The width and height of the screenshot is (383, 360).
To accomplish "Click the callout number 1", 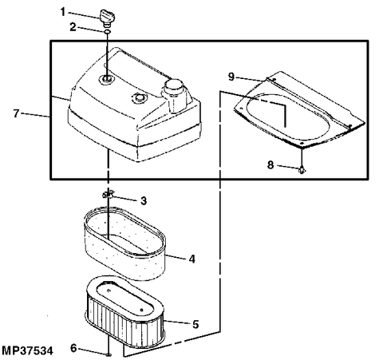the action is pyautogui.click(x=63, y=12).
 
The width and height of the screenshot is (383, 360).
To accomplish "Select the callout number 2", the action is pyautogui.click(x=73, y=27).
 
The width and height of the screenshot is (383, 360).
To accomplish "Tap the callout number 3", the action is pyautogui.click(x=144, y=200).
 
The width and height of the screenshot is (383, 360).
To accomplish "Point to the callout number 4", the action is pyautogui.click(x=192, y=259).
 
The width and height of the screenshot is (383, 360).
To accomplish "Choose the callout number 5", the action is pyautogui.click(x=195, y=324).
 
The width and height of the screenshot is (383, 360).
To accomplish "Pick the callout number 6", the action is pyautogui.click(x=73, y=348).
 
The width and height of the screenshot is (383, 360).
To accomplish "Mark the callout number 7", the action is pyautogui.click(x=16, y=113).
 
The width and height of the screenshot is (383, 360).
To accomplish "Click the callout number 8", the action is pyautogui.click(x=270, y=165).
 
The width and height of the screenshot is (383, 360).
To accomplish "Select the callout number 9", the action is pyautogui.click(x=231, y=77).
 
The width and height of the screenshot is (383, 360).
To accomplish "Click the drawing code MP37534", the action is pyautogui.click(x=27, y=350).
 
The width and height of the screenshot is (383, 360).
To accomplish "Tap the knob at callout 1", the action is pyautogui.click(x=107, y=18).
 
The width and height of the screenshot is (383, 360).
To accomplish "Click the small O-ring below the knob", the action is pyautogui.click(x=107, y=32).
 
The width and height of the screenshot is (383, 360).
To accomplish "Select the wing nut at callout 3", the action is pyautogui.click(x=108, y=194).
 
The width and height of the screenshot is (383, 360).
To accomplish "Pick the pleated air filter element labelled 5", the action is pyautogui.click(x=125, y=311).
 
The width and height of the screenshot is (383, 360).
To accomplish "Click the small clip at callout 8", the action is pyautogui.click(x=302, y=169).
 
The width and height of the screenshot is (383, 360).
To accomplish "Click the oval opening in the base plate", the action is pyautogui.click(x=288, y=117).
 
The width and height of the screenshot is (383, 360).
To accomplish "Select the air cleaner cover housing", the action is pyautogui.click(x=134, y=105).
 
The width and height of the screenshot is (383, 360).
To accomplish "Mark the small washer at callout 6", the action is pyautogui.click(x=109, y=354).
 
